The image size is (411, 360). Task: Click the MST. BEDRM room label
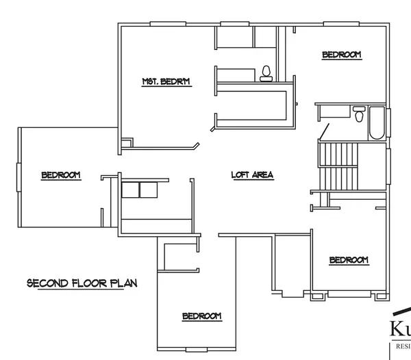(166, 82)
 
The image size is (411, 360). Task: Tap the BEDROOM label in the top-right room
(341, 55)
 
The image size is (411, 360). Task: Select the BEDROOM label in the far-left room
(61, 175)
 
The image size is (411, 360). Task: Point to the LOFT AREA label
(252, 175)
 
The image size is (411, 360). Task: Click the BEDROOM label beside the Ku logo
(349, 260)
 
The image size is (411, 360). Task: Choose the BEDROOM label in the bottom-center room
(201, 316)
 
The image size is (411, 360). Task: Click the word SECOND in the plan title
(47, 283)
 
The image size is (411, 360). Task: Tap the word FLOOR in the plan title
(90, 283)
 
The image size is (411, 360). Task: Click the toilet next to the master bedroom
(266, 73)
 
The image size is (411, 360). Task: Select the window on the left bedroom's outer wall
(17, 175)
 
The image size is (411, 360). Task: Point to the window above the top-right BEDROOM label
(342, 25)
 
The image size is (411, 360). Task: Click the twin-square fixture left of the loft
(139, 190)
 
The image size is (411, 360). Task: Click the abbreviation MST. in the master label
(151, 82)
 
